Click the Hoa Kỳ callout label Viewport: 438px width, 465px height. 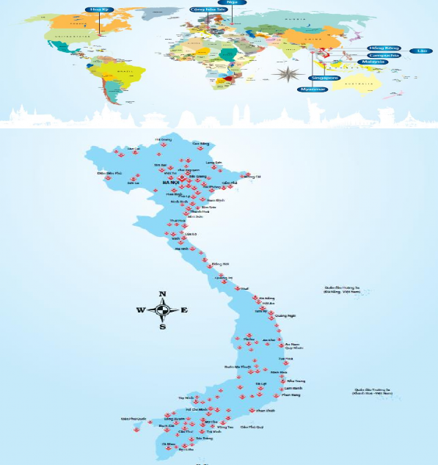(93, 10)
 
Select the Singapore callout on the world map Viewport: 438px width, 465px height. (324, 77)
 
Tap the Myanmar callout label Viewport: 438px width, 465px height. (312, 89)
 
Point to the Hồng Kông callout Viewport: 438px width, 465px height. (384, 48)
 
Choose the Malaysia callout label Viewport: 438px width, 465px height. (373, 62)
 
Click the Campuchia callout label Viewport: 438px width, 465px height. (384, 55)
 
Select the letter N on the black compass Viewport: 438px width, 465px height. (162, 294)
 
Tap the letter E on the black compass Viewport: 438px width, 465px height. (184, 310)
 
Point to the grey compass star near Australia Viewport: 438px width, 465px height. (286, 73)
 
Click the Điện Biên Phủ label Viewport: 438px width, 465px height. (109, 174)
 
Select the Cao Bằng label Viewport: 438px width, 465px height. (200, 144)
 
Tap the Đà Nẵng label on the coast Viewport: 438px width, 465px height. (266, 299)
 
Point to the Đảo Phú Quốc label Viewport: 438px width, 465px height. (132, 419)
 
